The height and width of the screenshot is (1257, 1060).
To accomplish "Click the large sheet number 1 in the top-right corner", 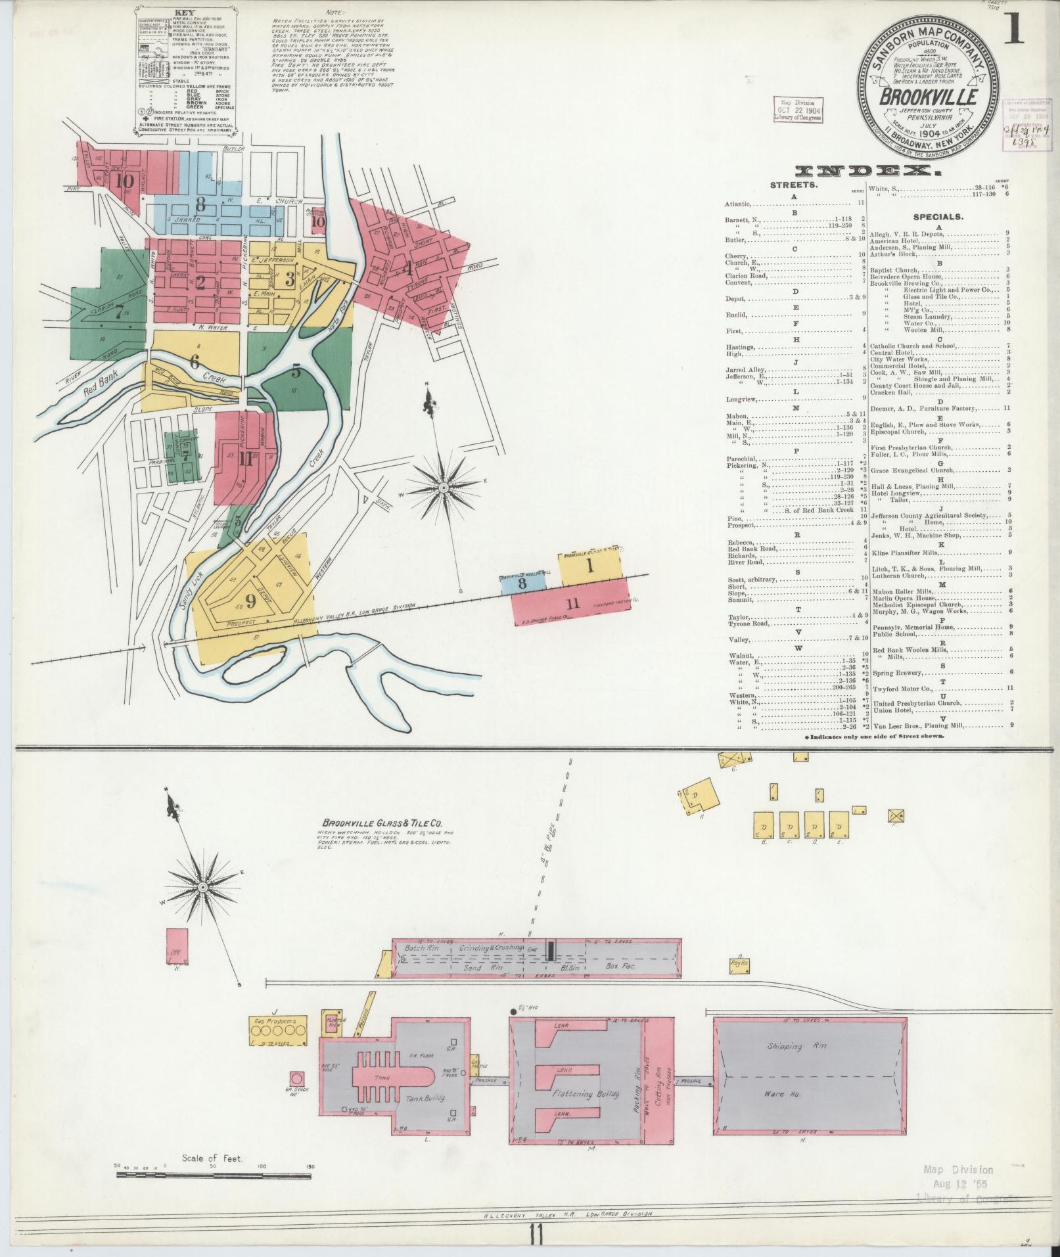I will click(1014, 28).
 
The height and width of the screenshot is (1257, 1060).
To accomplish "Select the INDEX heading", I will click(867, 172).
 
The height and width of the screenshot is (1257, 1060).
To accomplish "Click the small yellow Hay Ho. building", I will click(739, 965).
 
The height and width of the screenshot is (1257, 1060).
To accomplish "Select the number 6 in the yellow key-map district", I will click(194, 361).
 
